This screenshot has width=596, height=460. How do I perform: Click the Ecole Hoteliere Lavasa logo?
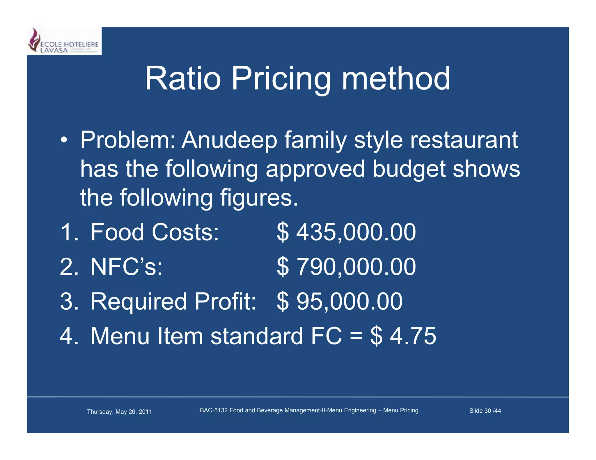[64, 41]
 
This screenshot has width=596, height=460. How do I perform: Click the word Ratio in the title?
[183, 79]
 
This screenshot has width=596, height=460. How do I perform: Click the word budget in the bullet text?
[409, 169]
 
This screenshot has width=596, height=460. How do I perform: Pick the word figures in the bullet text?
[259, 198]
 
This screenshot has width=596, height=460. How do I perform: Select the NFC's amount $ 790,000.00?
[346, 267]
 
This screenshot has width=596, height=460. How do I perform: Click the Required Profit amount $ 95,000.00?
[339, 301]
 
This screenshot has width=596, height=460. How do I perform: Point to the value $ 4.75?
[403, 336]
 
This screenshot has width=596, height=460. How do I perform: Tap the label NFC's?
[126, 267]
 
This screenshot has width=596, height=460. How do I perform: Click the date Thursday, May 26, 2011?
[119, 412]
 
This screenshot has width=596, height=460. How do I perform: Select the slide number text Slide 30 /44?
[485, 411]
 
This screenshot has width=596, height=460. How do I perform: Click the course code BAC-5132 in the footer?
[214, 410]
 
